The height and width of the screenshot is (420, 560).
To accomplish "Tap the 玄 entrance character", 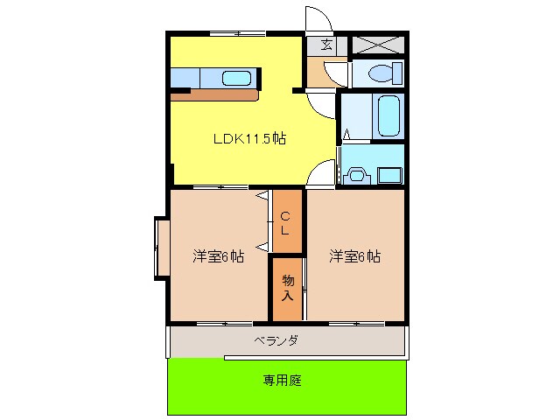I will click(x=326, y=45).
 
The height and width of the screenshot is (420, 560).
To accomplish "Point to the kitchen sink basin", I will click(x=236, y=77).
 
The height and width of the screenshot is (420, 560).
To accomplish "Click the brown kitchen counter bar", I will click(x=214, y=94).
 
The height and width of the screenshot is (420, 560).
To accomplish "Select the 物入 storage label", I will click(x=287, y=288).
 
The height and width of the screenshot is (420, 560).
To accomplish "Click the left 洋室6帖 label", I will click(x=218, y=256).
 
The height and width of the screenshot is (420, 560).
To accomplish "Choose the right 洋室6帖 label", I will click(x=354, y=256).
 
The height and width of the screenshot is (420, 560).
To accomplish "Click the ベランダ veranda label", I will click(x=276, y=340).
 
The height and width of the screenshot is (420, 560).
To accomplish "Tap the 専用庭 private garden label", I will click(x=285, y=381).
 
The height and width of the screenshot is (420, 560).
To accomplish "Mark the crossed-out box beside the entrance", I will click(x=376, y=45).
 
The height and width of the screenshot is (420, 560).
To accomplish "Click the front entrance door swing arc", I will click(x=316, y=20).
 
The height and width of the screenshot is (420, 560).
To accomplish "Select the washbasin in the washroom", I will click(x=356, y=174).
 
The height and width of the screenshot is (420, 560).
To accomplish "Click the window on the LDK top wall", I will click(x=237, y=33).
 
